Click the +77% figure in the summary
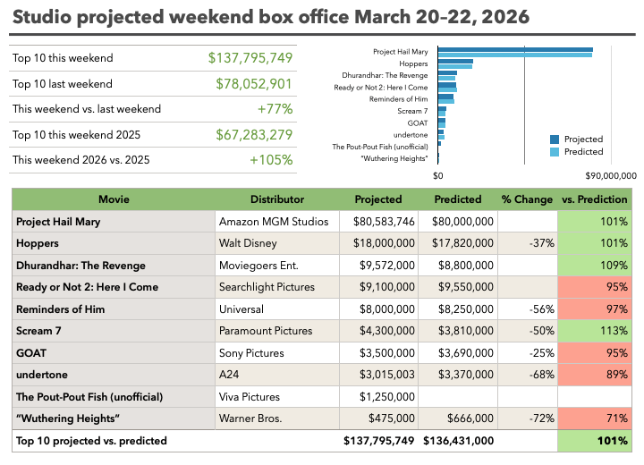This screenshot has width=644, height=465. tap(275, 109)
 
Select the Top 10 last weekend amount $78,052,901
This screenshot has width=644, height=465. tap(254, 84)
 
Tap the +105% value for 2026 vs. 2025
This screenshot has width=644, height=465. tap(272, 160)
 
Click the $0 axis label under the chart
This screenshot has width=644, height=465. tap(438, 176)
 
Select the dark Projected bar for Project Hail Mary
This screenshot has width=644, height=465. tap(515, 49)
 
